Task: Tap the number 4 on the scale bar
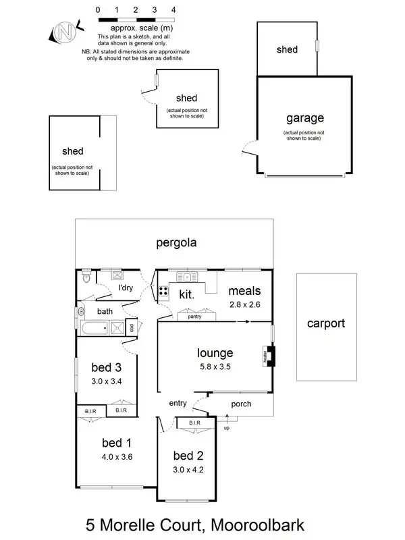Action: [x=174, y=10]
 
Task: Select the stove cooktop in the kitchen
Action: [x=164, y=292]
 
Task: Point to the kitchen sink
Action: [x=186, y=275]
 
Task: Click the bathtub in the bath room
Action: [x=94, y=329]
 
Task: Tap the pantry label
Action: [x=194, y=316]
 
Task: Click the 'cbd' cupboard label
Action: [x=132, y=328]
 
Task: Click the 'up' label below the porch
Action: [x=226, y=428]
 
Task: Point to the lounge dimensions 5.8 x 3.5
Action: [x=215, y=367]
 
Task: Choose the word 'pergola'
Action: [x=176, y=243]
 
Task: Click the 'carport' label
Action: [x=326, y=323]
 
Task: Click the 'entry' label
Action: [x=178, y=403]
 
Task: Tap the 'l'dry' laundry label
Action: [x=125, y=289]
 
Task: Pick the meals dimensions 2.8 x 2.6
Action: [x=244, y=304]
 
